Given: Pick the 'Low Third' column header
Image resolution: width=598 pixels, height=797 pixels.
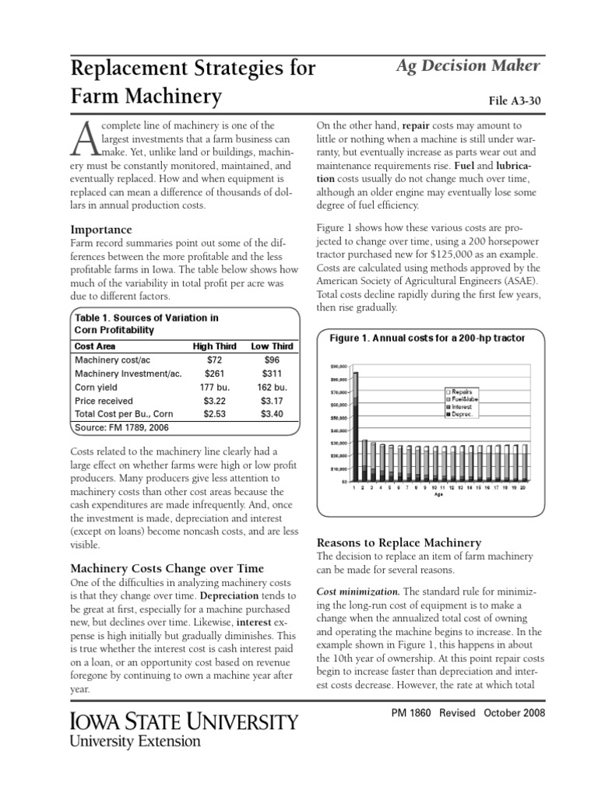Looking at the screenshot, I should [272, 346].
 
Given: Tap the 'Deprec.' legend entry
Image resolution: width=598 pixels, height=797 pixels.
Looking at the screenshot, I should [462, 415].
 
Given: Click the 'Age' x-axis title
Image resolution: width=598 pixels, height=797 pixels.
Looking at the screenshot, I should [439, 494].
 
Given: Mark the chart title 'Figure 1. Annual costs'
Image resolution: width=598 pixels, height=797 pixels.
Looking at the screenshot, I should [427, 338].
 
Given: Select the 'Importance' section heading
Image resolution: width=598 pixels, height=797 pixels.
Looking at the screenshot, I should [101, 230].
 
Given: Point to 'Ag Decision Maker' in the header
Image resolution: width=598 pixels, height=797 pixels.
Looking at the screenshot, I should [468, 66].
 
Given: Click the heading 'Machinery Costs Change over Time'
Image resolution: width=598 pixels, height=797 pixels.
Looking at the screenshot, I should [167, 568].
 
